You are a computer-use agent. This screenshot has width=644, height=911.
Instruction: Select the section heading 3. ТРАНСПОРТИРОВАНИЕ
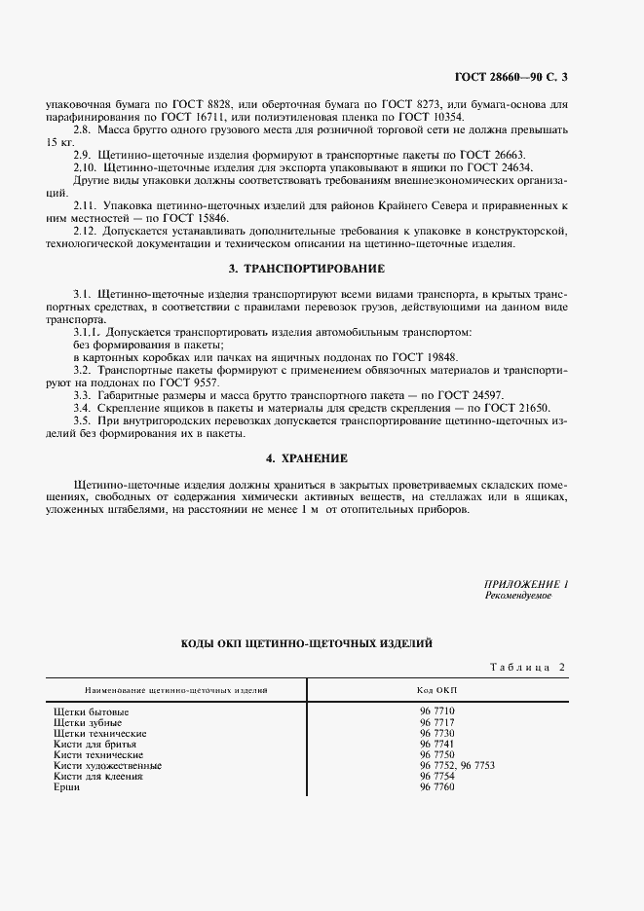tap(306, 268)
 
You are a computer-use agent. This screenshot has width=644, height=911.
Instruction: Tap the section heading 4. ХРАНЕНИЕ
tap(307, 457)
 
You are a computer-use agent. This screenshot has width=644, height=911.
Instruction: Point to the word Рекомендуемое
tap(518, 596)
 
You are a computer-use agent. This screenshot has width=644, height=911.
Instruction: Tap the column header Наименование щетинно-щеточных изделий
tap(175, 690)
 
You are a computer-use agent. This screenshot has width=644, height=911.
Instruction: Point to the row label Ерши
tap(67, 786)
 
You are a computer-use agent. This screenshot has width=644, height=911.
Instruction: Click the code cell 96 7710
tap(437, 711)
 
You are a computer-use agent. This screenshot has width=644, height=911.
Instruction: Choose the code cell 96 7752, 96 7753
tap(458, 765)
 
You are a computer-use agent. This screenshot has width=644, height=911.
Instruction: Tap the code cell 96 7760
tap(437, 786)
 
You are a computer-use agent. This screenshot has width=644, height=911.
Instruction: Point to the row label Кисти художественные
tap(108, 765)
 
